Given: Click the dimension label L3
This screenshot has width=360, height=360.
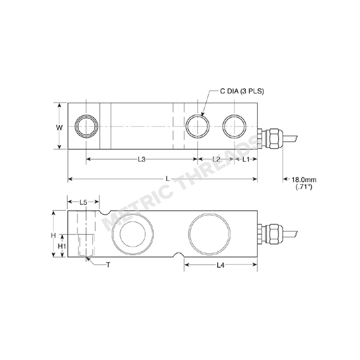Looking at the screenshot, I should coord(142,159).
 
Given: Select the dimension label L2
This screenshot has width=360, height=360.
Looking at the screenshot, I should coord(216,159).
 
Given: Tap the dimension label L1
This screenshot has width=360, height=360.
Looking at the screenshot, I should coord(246,159).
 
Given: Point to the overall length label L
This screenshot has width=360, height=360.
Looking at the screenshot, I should coord(167,179).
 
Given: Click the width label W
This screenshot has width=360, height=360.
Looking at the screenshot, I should coord(59,127).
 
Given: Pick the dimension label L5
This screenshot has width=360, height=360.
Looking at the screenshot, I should coord(83,202).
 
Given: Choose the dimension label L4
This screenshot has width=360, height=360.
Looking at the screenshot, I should coord(220,265).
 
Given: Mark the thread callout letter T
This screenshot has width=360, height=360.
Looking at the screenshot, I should coord(108,265).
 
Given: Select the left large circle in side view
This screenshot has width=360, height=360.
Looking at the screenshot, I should coord(130,233).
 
